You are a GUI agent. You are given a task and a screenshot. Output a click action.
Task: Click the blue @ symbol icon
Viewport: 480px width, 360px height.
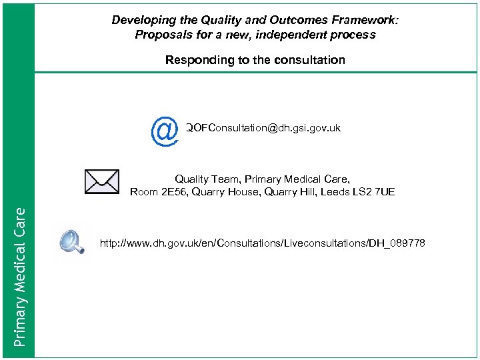coord(164,131)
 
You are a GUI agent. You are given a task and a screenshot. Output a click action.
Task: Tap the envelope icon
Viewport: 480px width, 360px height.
coord(102,181)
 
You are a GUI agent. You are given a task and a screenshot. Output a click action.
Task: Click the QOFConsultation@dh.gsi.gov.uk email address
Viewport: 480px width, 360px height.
coord(263,127)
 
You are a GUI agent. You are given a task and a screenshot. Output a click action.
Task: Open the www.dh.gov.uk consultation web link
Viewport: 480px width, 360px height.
coord(262,243)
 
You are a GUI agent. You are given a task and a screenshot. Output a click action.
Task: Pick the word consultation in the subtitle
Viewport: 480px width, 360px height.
coord(312,60)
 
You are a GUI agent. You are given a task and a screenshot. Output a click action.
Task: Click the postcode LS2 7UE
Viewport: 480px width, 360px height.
coord(373,192)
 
